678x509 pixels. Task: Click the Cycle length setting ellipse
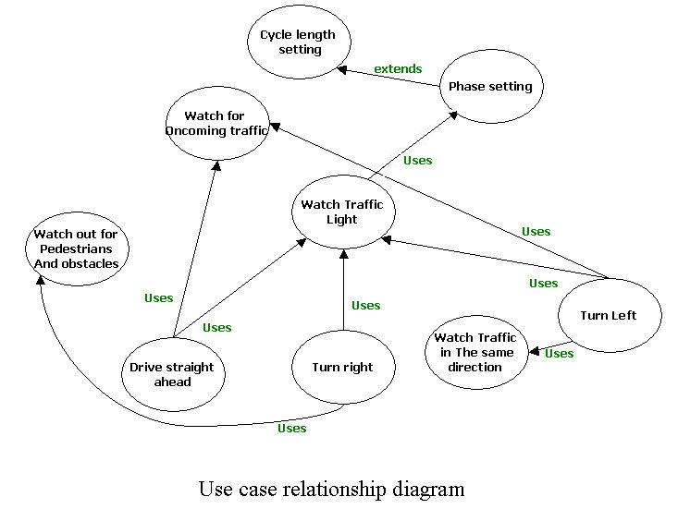(299, 42)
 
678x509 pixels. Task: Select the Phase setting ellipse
(490, 87)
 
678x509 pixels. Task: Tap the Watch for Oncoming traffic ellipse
(217, 123)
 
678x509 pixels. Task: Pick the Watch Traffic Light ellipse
(342, 212)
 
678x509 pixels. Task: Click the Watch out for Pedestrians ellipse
(77, 249)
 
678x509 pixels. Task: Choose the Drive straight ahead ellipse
(172, 374)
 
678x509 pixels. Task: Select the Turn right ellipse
(343, 368)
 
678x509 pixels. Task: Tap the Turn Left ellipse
(609, 316)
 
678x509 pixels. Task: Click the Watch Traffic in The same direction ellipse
(475, 352)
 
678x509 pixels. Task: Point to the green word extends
(398, 69)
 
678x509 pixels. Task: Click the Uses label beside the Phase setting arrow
(418, 161)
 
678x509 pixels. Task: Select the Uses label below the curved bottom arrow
(292, 429)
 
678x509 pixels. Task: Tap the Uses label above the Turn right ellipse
(366, 306)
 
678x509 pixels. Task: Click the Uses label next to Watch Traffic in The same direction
(559, 353)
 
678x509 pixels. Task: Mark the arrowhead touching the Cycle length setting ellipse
(342, 68)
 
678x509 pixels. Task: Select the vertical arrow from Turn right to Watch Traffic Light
(343, 290)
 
